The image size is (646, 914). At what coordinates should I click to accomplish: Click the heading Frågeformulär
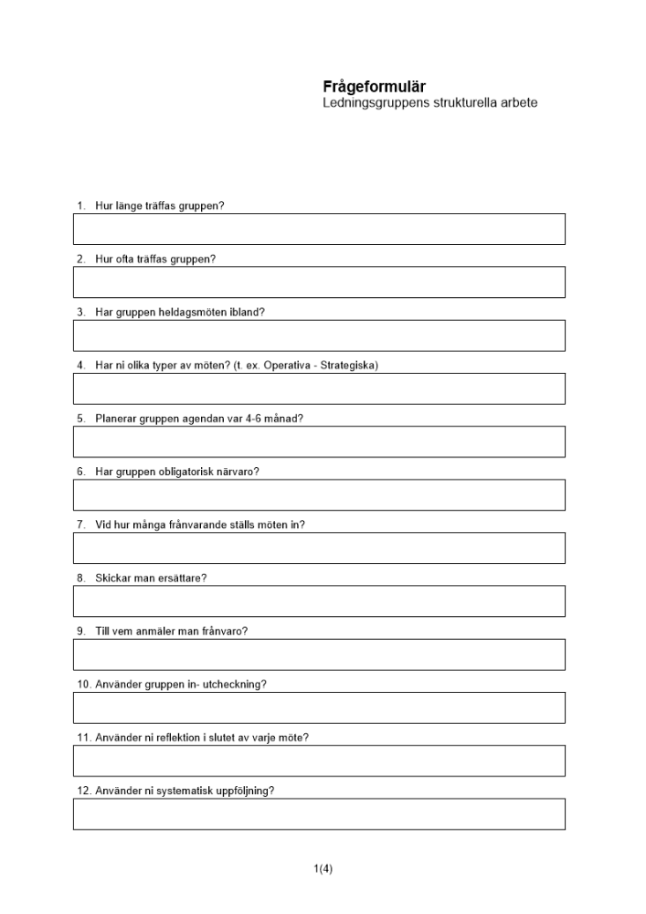374,87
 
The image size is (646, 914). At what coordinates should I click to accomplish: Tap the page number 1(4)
323,869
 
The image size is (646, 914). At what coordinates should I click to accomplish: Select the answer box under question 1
319,228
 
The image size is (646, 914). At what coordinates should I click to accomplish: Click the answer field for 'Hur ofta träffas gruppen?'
319,282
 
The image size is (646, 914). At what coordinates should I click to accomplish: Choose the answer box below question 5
319,441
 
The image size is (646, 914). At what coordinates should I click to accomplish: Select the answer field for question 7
319,547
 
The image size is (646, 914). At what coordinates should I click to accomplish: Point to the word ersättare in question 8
185,578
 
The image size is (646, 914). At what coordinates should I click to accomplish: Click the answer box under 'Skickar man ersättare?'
319,600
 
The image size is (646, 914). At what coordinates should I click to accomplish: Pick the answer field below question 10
319,707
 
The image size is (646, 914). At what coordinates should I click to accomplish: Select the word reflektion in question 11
174,737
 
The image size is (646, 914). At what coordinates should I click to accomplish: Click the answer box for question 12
319,813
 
